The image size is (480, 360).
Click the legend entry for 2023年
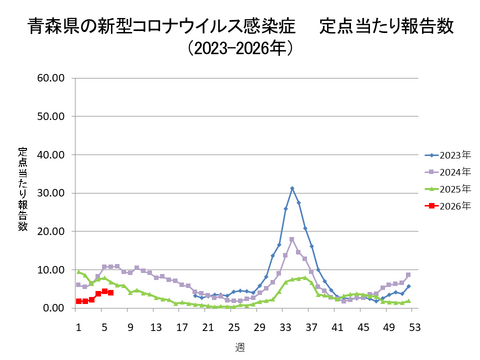(447, 155)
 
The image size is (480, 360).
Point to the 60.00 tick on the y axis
(50, 77)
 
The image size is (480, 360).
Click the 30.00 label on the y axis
(50, 192)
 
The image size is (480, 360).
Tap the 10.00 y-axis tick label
(50, 270)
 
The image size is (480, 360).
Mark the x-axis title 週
(240, 346)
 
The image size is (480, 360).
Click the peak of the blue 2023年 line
(292, 188)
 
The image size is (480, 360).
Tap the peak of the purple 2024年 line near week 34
(292, 239)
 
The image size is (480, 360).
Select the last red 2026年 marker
(110, 292)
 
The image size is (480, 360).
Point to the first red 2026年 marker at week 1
(78, 301)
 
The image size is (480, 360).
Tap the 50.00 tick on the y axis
(50, 115)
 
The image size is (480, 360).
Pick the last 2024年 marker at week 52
(408, 275)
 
